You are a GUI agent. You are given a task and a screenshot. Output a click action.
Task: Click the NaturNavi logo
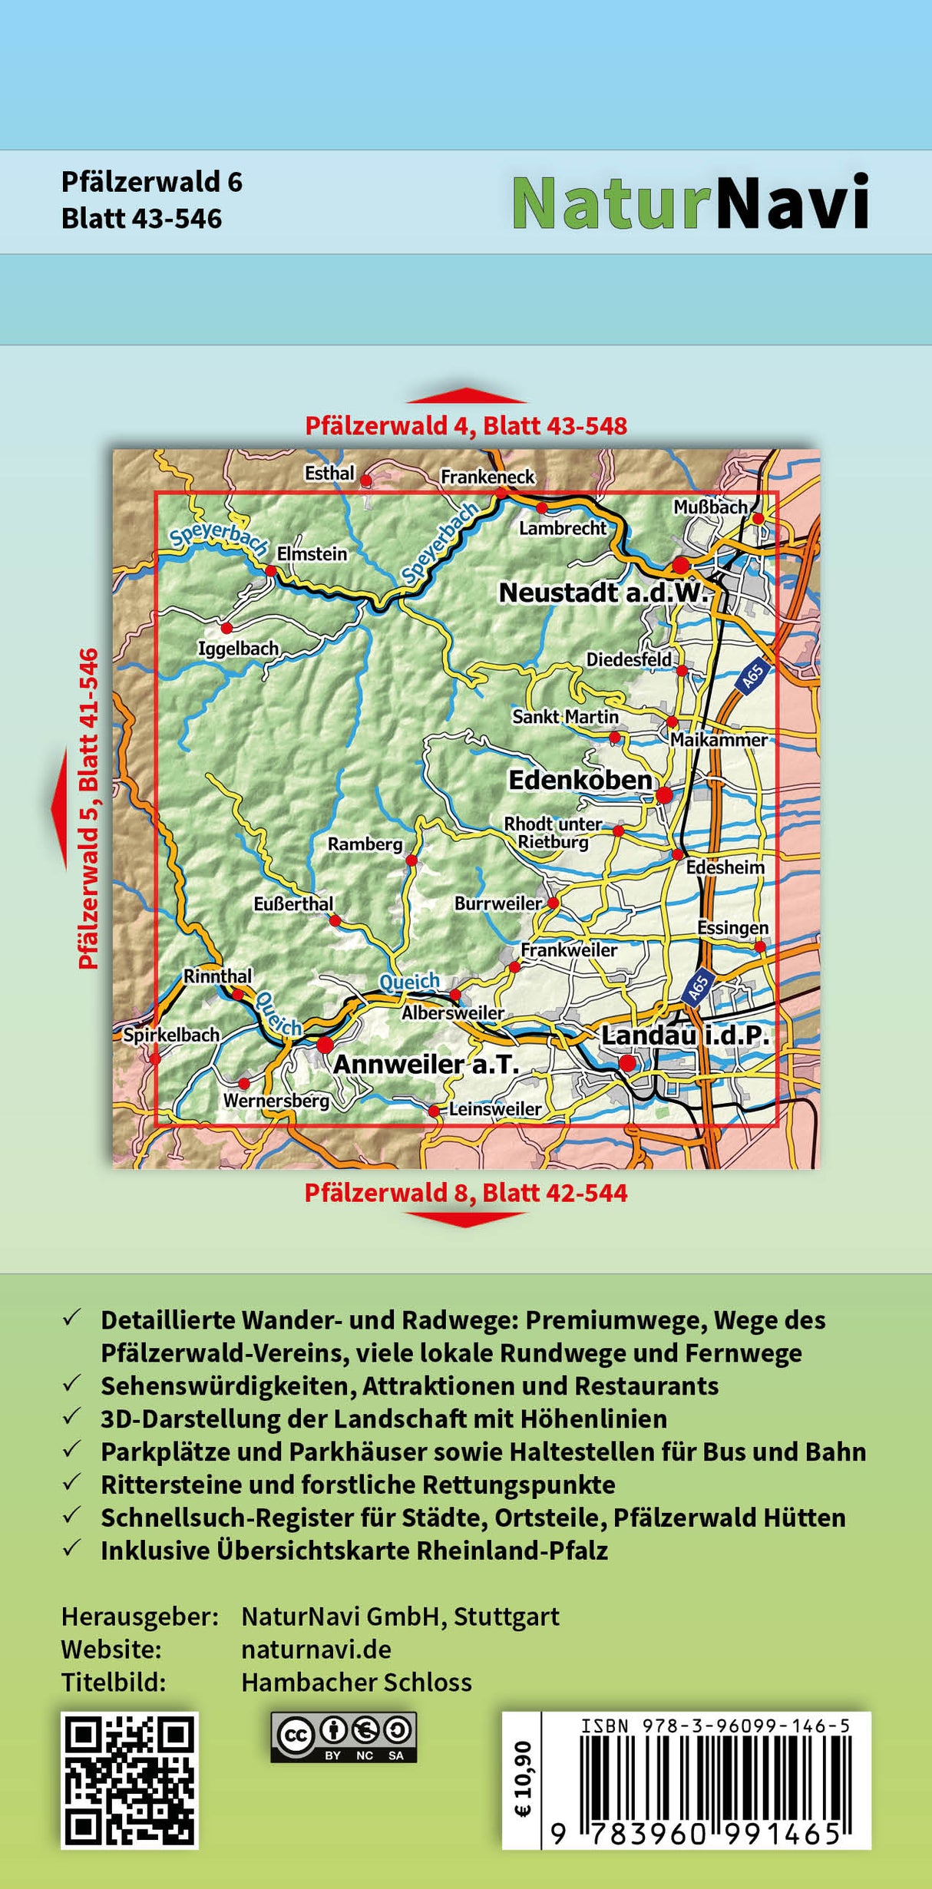(690, 202)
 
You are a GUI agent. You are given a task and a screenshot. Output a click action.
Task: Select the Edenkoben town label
(580, 780)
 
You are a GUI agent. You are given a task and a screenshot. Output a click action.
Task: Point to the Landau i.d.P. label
(685, 1035)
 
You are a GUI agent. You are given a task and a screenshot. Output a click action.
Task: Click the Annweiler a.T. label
(426, 1064)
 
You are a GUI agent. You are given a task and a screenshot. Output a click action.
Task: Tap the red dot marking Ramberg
(411, 860)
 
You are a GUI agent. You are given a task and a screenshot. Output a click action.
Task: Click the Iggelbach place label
(238, 649)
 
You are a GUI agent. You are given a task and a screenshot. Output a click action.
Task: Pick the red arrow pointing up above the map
(466, 395)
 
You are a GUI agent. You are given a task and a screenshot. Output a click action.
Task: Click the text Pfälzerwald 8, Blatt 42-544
(466, 1193)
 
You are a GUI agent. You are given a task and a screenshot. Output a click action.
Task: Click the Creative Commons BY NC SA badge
(343, 1737)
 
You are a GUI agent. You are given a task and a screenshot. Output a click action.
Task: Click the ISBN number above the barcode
(715, 1726)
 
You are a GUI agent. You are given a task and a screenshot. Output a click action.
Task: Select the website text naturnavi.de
(316, 1650)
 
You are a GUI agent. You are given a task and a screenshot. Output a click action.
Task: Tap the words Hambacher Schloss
(356, 1683)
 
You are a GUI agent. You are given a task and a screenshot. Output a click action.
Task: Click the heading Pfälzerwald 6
(151, 182)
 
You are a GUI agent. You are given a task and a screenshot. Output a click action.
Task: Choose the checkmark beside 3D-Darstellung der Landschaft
(72, 1417)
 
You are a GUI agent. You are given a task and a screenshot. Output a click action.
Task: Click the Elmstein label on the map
(312, 553)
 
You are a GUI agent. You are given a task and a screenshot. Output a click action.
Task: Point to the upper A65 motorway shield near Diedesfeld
(752, 675)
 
